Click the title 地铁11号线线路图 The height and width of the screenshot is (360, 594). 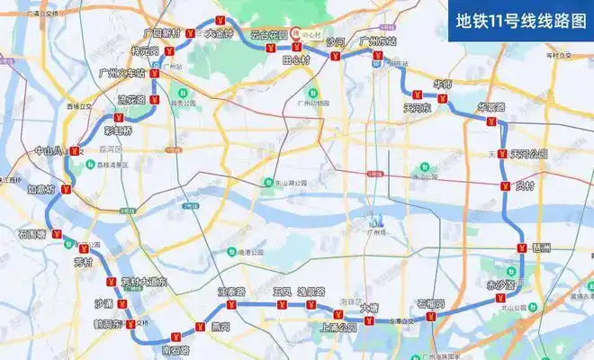point(521,19)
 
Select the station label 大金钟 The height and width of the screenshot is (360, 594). point(220,33)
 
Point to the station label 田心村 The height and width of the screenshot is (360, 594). point(295,58)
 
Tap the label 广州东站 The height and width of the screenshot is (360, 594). point(377,41)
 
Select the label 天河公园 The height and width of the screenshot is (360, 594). point(528,154)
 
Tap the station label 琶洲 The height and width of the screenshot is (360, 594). point(542,246)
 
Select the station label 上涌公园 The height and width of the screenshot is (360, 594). point(338,327)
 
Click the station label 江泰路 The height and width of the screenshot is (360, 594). point(231,292)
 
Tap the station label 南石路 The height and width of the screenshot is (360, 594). point(175,349)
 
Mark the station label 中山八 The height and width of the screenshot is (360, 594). point(49,151)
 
